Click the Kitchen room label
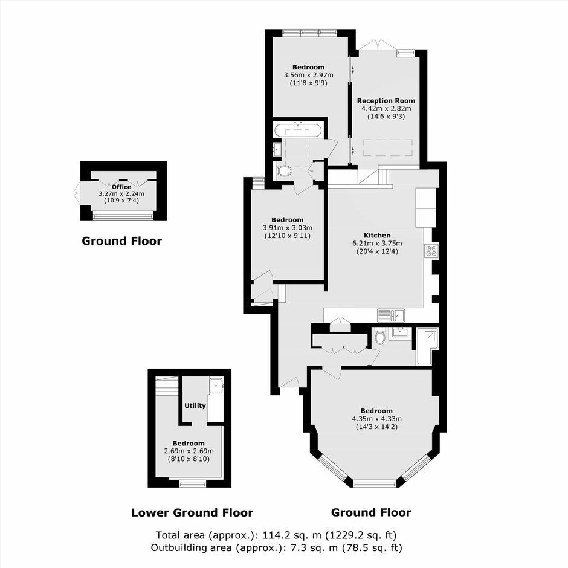click(x=377, y=236)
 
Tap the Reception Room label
click(x=386, y=101)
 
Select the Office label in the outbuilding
click(x=121, y=187)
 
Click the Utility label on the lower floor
click(x=195, y=405)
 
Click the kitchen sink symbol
click(x=391, y=315)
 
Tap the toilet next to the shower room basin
click(x=379, y=336)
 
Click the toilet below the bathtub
click(x=285, y=170)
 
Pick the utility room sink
click(x=216, y=386)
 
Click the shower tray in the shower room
click(x=428, y=346)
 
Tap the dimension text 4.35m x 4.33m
click(x=376, y=419)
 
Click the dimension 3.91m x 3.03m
click(x=287, y=228)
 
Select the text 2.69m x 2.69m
click(x=189, y=451)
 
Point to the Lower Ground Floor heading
click(x=192, y=512)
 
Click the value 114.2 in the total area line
click(x=274, y=535)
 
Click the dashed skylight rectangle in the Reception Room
click(x=388, y=147)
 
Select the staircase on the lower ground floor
click(x=167, y=386)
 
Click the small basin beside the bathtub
click(x=277, y=149)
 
